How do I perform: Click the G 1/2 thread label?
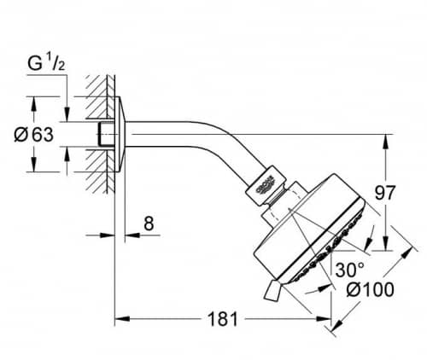coord(46,64)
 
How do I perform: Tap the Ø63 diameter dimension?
coord(34,135)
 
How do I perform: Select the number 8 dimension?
coord(149,224)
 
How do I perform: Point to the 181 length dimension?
coord(223,319)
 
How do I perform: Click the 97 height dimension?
coord(385,193)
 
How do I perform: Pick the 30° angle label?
coord(349,270)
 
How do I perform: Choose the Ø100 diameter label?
coord(371,290)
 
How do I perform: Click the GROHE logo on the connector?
coord(266,186)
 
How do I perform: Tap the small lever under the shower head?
coord(272,290)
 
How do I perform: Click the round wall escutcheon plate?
coord(120,135)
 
